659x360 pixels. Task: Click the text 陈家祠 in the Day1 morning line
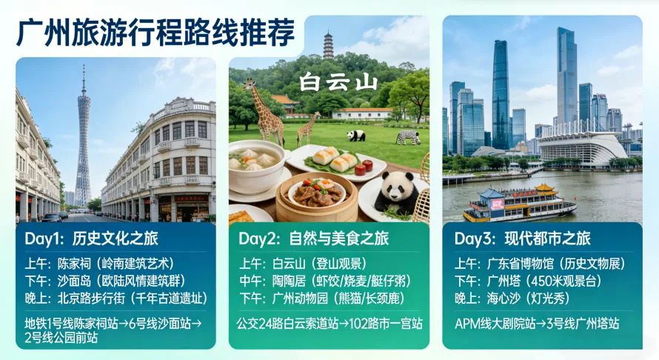73,263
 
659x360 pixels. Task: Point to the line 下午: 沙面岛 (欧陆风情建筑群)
104,281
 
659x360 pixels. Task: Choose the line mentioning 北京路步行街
116,299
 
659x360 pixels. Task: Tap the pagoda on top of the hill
328,46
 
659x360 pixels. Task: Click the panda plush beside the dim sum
398,191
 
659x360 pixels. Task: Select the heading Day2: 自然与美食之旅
313,239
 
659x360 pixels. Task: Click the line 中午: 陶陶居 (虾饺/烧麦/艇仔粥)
326,281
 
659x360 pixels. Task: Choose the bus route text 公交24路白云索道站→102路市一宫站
329,324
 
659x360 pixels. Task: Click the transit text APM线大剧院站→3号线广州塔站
537,324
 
